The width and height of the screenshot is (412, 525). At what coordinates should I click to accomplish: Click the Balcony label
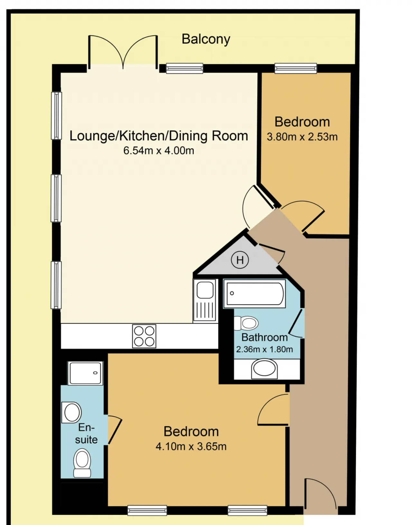pos(206,40)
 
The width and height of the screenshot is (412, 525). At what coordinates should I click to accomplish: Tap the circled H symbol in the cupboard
pos(239,260)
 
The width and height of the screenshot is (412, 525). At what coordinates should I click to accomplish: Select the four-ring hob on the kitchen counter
pos(144,336)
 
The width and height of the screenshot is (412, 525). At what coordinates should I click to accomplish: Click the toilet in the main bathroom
pos(246,323)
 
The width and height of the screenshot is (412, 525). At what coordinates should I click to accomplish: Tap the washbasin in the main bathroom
pos(264,369)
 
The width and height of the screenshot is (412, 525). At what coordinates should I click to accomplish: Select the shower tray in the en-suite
pos(85,373)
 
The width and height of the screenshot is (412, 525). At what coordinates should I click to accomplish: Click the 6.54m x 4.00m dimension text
pos(159,151)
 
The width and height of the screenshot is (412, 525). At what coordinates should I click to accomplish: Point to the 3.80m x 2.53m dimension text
pos(302,137)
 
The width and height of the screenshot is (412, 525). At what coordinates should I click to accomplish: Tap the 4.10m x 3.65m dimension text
pos(191,447)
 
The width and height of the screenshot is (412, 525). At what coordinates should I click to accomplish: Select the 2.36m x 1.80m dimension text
pos(265,349)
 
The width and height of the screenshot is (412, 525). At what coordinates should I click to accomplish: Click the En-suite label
pos(86,434)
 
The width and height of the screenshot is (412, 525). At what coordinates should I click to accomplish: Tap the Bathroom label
pos(265,337)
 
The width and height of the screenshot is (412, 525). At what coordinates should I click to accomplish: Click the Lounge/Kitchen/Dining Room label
pos(159,136)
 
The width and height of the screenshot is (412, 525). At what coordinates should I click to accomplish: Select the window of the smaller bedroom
pos(295,68)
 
